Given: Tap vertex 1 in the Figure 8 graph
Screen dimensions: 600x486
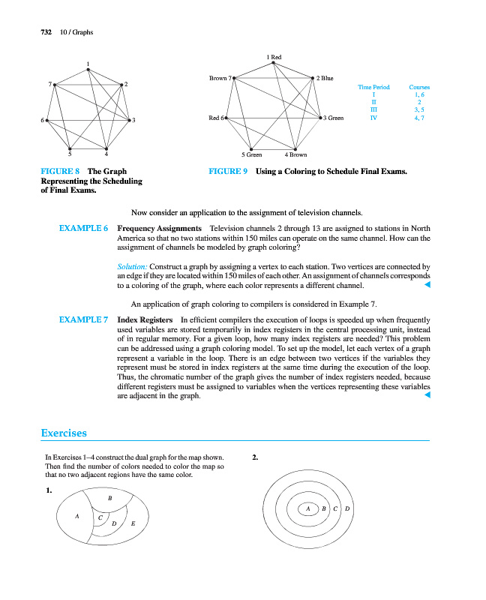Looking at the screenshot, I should click(x=88, y=70).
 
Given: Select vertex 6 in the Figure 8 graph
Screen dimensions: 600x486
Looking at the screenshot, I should click(x=46, y=119).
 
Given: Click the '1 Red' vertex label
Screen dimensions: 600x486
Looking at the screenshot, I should click(x=274, y=57).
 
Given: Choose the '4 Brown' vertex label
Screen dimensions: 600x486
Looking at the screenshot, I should click(x=296, y=154).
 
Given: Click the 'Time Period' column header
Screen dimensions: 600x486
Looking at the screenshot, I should click(x=373, y=88).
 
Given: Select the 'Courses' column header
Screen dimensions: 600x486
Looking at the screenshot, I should click(x=419, y=88).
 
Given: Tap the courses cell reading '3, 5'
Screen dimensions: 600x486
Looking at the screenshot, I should click(x=419, y=109).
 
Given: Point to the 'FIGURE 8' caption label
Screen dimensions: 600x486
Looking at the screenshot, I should click(x=60, y=172).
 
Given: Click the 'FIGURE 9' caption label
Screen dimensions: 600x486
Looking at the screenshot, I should click(x=228, y=172).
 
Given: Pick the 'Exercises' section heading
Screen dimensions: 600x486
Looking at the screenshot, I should click(x=64, y=433).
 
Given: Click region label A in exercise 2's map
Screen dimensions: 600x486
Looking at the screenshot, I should click(x=307, y=509).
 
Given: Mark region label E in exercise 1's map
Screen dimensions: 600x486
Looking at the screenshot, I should click(x=132, y=523).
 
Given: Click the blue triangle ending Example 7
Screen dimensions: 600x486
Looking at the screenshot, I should click(x=427, y=396).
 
